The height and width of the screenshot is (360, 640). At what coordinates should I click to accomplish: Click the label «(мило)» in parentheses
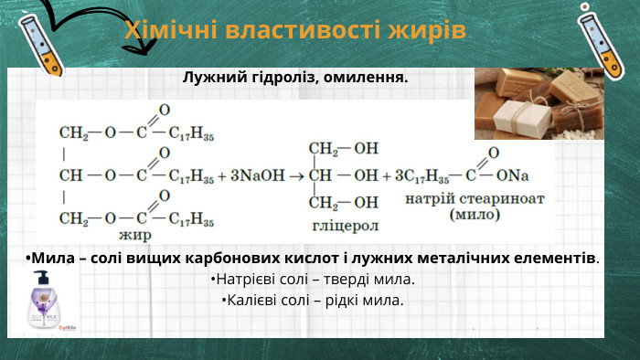tap(475, 216)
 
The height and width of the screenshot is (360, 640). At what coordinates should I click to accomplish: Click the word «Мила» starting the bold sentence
tap(52, 258)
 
